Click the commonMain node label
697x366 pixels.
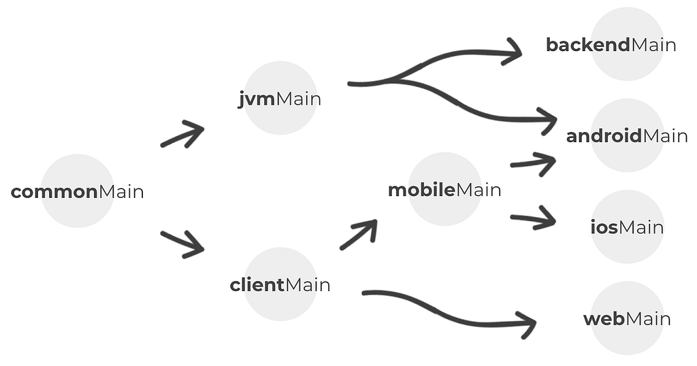[78, 192]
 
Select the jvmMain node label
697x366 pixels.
[280, 99]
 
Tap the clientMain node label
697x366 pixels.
[280, 285]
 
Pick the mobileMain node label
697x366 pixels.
[444, 190]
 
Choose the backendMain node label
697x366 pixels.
[611, 45]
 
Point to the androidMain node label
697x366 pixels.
[627, 136]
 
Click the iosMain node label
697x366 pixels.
[627, 227]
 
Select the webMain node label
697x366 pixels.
[627, 319]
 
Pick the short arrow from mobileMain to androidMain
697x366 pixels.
[534, 163]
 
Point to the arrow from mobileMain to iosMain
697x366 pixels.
[534, 218]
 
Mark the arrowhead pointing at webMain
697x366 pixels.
[528, 325]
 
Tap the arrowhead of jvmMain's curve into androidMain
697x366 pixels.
[549, 120]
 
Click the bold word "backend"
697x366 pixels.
[588, 45]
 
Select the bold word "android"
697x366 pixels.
[604, 136]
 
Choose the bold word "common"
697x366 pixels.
[54, 192]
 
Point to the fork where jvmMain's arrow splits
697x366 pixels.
[393, 80]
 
